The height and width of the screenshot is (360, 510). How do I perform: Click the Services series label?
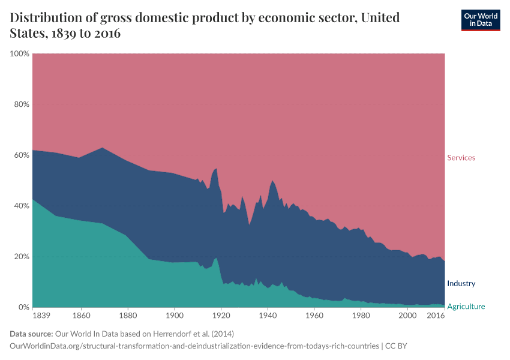click(x=461, y=158)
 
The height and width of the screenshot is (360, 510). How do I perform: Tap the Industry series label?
click(x=461, y=283)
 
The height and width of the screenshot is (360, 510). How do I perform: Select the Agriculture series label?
click(x=466, y=307)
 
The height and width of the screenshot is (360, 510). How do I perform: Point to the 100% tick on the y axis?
click(x=20, y=54)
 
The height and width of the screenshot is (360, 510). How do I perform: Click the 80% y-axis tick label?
click(x=21, y=104)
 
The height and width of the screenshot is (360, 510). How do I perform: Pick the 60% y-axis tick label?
click(x=21, y=155)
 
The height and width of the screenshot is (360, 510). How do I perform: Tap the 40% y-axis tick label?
click(x=21, y=206)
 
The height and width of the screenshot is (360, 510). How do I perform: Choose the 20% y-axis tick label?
click(x=21, y=257)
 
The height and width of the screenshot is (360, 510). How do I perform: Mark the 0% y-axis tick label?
click(x=23, y=307)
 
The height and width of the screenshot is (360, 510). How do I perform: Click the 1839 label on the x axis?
click(x=41, y=316)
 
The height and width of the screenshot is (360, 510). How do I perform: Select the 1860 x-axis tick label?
click(x=80, y=316)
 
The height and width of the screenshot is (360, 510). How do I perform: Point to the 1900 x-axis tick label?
click(x=174, y=316)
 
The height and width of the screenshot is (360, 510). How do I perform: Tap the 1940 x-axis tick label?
click(x=267, y=316)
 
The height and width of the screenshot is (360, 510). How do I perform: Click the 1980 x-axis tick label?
click(x=360, y=316)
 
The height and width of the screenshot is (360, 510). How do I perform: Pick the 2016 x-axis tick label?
click(x=436, y=316)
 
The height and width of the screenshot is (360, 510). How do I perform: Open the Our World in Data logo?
click(x=481, y=20)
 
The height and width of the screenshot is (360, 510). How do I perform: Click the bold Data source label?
click(x=31, y=334)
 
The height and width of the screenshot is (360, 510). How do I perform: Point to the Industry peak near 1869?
click(x=102, y=148)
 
